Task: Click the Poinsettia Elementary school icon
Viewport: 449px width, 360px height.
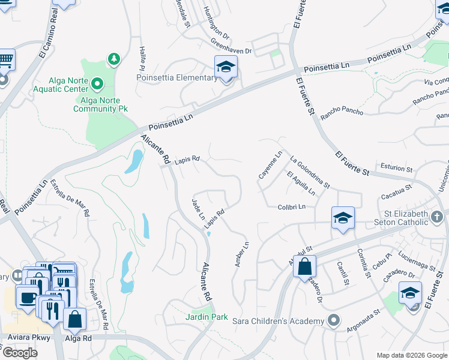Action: [x=226, y=67]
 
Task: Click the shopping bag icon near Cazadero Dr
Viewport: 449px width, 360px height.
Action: [x=304, y=266]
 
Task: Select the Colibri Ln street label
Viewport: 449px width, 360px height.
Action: [x=292, y=207]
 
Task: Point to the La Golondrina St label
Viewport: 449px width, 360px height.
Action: [x=309, y=173]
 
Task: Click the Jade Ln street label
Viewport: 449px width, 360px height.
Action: [x=198, y=209]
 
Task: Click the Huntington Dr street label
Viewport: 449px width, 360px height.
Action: [x=216, y=22]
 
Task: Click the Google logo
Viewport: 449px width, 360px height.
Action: [x=20, y=352]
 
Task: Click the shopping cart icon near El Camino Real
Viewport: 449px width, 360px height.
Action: [x=5, y=60]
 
